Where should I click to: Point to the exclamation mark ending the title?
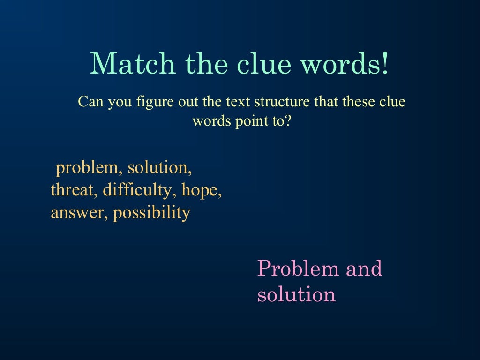(x=385, y=64)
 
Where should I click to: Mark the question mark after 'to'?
(x=288, y=121)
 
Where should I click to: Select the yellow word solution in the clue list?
(x=160, y=167)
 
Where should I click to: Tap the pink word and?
(x=364, y=269)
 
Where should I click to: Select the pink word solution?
(x=296, y=294)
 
